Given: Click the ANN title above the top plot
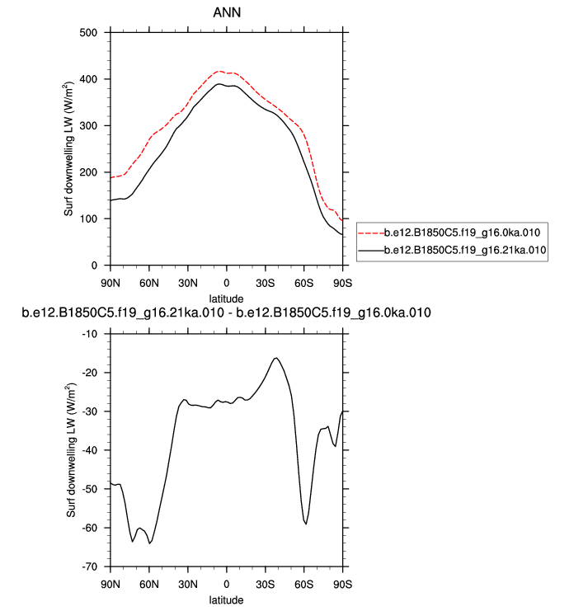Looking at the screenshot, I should point(226,12).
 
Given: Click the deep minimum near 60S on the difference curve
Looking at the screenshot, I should point(306,524).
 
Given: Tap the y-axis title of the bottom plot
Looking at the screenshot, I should point(72,450).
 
